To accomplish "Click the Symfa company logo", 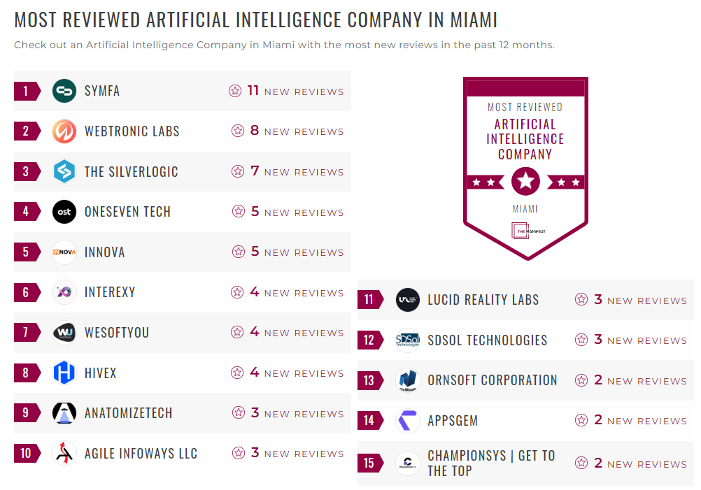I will pyautogui.click(x=64, y=91).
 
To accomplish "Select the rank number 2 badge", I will pyautogui.click(x=27, y=131).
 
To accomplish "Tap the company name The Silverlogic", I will pyautogui.click(x=131, y=172).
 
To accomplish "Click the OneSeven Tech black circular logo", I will pyautogui.click(x=64, y=212).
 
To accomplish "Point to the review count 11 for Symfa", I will pyautogui.click(x=253, y=91).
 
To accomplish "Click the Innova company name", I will pyautogui.click(x=105, y=252).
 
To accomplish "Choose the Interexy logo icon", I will pyautogui.click(x=64, y=292).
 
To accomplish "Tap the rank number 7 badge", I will pyautogui.click(x=27, y=333).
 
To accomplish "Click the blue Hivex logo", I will pyautogui.click(x=64, y=373).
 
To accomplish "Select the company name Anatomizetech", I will pyautogui.click(x=128, y=413).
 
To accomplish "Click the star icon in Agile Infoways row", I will pyautogui.click(x=239, y=453).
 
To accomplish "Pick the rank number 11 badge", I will pyautogui.click(x=369, y=301).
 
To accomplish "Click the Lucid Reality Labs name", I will pyautogui.click(x=483, y=301).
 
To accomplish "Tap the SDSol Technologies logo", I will pyautogui.click(x=408, y=340).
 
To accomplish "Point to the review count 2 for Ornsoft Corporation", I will pyautogui.click(x=598, y=380).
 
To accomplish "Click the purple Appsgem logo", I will pyautogui.click(x=408, y=421).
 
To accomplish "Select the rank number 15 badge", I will pyautogui.click(x=369, y=463).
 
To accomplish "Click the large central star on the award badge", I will pyautogui.click(x=525, y=182).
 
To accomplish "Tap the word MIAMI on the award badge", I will pyautogui.click(x=525, y=209).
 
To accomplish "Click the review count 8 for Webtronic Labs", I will pyautogui.click(x=255, y=131).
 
